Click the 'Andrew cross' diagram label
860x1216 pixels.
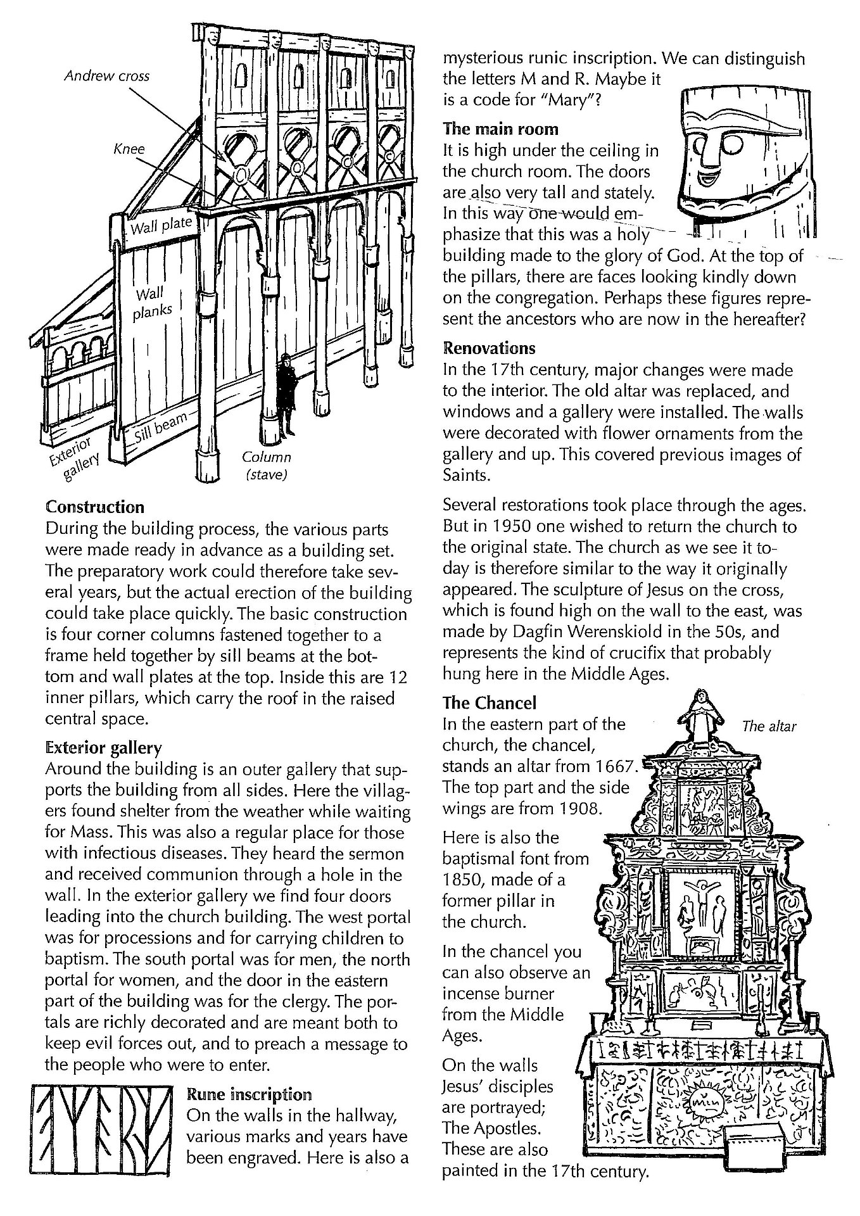[108, 76]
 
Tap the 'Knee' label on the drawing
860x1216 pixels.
[129, 149]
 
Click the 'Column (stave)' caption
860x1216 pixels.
[266, 465]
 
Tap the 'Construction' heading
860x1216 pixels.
[95, 507]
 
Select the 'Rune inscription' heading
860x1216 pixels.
[249, 1094]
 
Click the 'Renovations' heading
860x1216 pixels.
[489, 348]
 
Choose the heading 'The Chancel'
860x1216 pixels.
[489, 702]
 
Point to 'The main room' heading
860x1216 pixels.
[500, 129]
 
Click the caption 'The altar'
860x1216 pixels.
[768, 726]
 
